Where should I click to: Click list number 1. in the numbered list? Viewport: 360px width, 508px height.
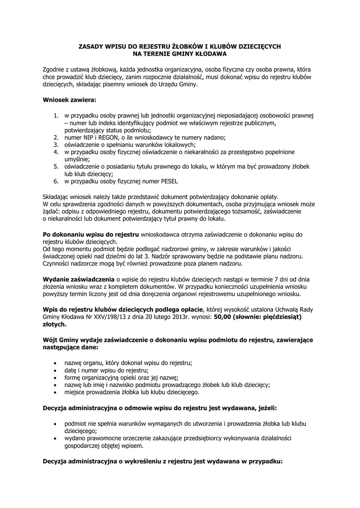(57, 116)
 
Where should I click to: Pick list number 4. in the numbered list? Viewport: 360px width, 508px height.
(57, 152)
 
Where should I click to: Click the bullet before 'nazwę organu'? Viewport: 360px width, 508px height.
(54, 363)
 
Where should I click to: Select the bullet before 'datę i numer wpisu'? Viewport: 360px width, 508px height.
(54, 371)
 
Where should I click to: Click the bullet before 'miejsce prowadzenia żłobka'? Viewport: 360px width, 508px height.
(54, 392)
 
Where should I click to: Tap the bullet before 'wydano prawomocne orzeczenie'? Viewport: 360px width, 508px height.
(54, 439)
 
